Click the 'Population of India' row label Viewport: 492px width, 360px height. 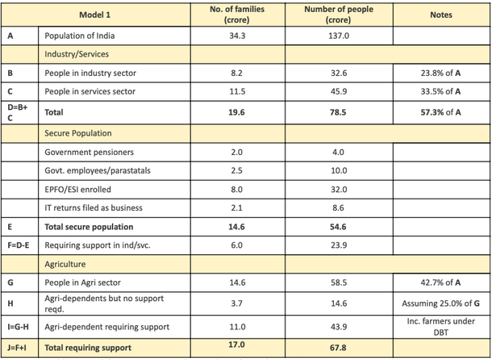click(x=79, y=36)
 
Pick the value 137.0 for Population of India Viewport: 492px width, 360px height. click(x=339, y=36)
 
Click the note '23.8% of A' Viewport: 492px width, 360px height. click(x=441, y=73)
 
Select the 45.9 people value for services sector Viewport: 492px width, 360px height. click(x=339, y=91)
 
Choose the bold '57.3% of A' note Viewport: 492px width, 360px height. click(x=441, y=112)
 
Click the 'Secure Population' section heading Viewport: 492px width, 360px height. click(x=78, y=132)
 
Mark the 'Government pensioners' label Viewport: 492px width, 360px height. click(x=88, y=152)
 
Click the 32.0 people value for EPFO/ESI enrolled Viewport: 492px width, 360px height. click(x=339, y=189)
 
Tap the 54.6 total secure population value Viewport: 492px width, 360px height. click(x=339, y=227)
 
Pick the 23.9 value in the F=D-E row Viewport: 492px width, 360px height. click(x=339, y=245)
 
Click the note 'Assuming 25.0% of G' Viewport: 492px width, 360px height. click(x=441, y=304)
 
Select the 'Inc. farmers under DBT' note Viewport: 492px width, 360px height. click(x=441, y=326)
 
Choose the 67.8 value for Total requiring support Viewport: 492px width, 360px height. click(x=339, y=348)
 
